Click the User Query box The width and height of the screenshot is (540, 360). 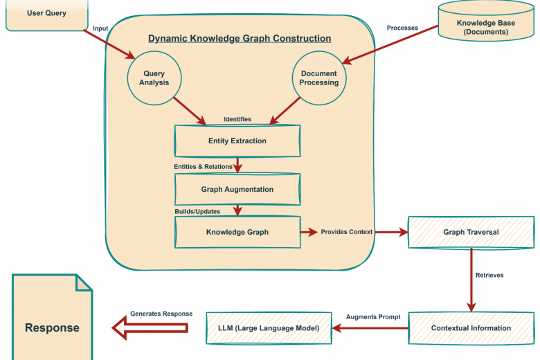tap(46, 14)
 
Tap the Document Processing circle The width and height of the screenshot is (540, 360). tap(318, 78)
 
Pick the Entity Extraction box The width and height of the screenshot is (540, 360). tap(237, 141)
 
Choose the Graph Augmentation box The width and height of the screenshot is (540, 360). tap(237, 189)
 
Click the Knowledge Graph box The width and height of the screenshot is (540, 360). tap(237, 232)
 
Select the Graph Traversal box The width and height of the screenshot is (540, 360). tap(471, 232)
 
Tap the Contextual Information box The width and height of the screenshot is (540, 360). tap(471, 327)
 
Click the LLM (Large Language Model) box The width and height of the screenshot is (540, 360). tap(268, 327)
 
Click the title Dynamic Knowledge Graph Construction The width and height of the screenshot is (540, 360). tap(240, 39)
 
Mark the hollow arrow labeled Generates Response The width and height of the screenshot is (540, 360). tap(150, 327)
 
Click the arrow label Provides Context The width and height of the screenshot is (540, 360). tap(346, 232)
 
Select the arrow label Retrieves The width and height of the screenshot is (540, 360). tap(489, 275)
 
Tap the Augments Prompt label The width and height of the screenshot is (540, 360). tap(373, 316)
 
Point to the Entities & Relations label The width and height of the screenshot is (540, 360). tap(203, 167)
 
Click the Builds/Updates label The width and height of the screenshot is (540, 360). tap(197, 210)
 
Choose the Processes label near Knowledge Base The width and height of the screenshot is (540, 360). tap(402, 28)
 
